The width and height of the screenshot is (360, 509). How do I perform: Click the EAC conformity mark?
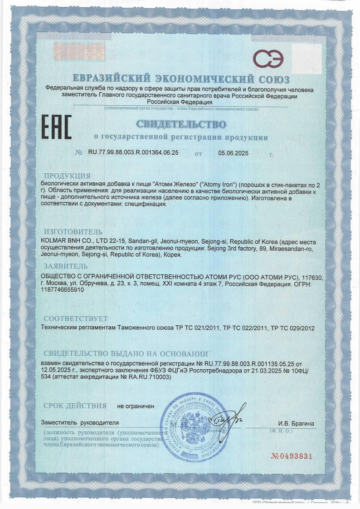pos(57,127)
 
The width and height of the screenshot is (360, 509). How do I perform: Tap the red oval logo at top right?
pos(268,59)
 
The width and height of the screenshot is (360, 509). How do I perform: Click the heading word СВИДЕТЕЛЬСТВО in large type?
pos(180,124)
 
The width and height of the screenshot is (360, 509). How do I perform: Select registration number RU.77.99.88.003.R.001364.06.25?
pos(133,153)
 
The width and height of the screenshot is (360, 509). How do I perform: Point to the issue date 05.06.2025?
pos(234,153)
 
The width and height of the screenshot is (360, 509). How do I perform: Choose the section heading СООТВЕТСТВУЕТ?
pos(76,318)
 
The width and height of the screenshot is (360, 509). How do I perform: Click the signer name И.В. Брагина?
pos(297,424)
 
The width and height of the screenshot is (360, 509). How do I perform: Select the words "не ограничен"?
pos(136,406)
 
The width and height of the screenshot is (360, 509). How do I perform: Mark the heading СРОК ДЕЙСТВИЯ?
pos(75,406)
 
